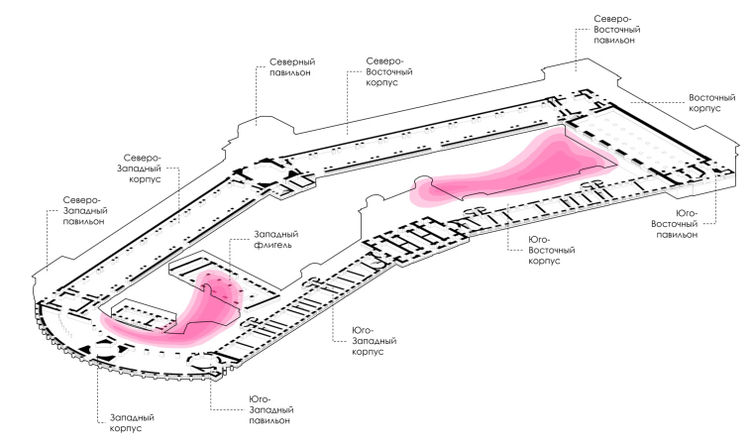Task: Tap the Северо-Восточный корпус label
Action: [x=389, y=71]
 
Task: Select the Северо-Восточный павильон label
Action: [x=621, y=31]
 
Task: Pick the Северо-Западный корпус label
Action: [x=148, y=171]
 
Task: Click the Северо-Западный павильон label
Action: [x=84, y=211]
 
